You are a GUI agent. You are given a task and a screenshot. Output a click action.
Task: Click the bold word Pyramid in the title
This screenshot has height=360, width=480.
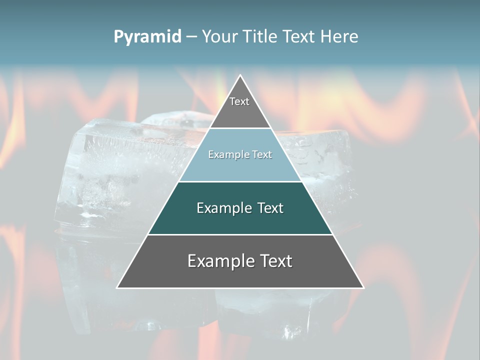(147, 37)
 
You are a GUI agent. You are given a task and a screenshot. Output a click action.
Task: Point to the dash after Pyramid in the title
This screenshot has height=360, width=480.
(191, 37)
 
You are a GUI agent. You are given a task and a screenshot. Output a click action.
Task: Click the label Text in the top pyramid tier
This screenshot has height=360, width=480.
(239, 102)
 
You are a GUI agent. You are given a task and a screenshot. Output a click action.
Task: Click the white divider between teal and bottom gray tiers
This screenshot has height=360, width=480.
(240, 234)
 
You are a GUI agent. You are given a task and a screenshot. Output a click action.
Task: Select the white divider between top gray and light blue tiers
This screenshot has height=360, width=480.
(240, 128)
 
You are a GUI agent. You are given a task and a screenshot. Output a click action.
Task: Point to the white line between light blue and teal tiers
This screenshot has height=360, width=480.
(240, 181)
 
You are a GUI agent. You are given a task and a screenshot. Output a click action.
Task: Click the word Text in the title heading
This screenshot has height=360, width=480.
(300, 37)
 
